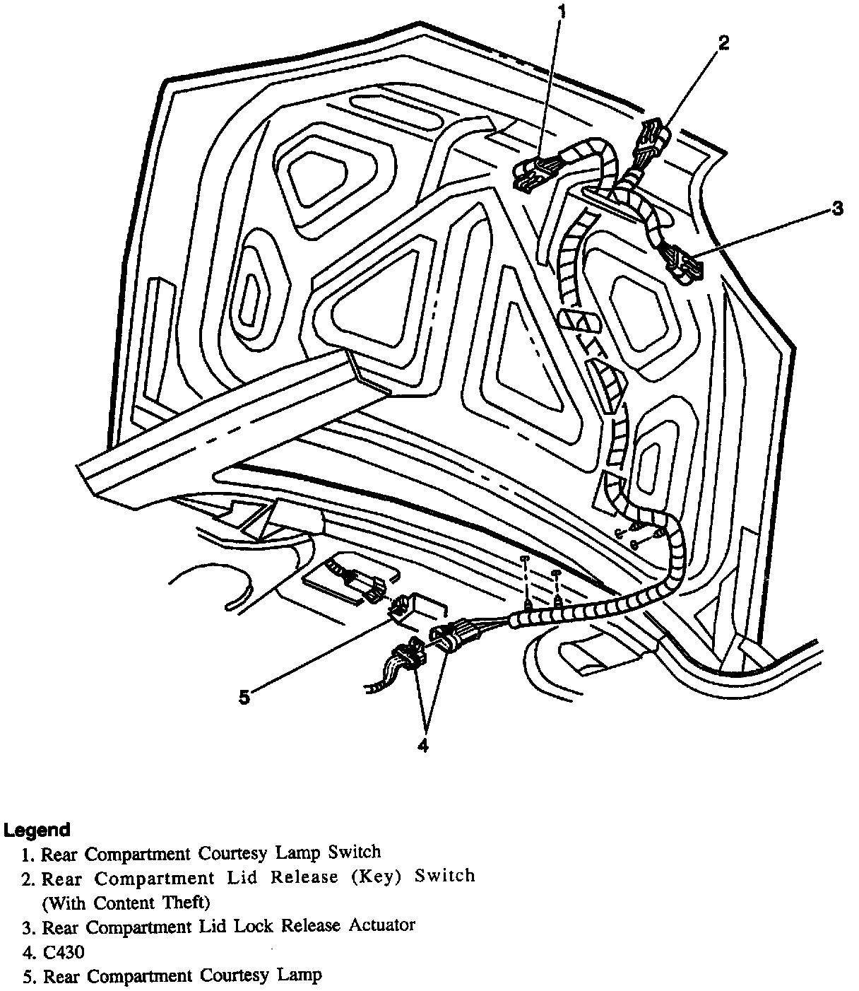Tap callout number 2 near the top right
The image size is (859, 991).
coord(723,43)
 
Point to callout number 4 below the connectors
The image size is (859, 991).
coord(422,745)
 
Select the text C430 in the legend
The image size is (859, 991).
coord(64,951)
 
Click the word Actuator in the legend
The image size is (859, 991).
coord(382,925)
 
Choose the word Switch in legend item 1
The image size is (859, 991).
coord(355,852)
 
